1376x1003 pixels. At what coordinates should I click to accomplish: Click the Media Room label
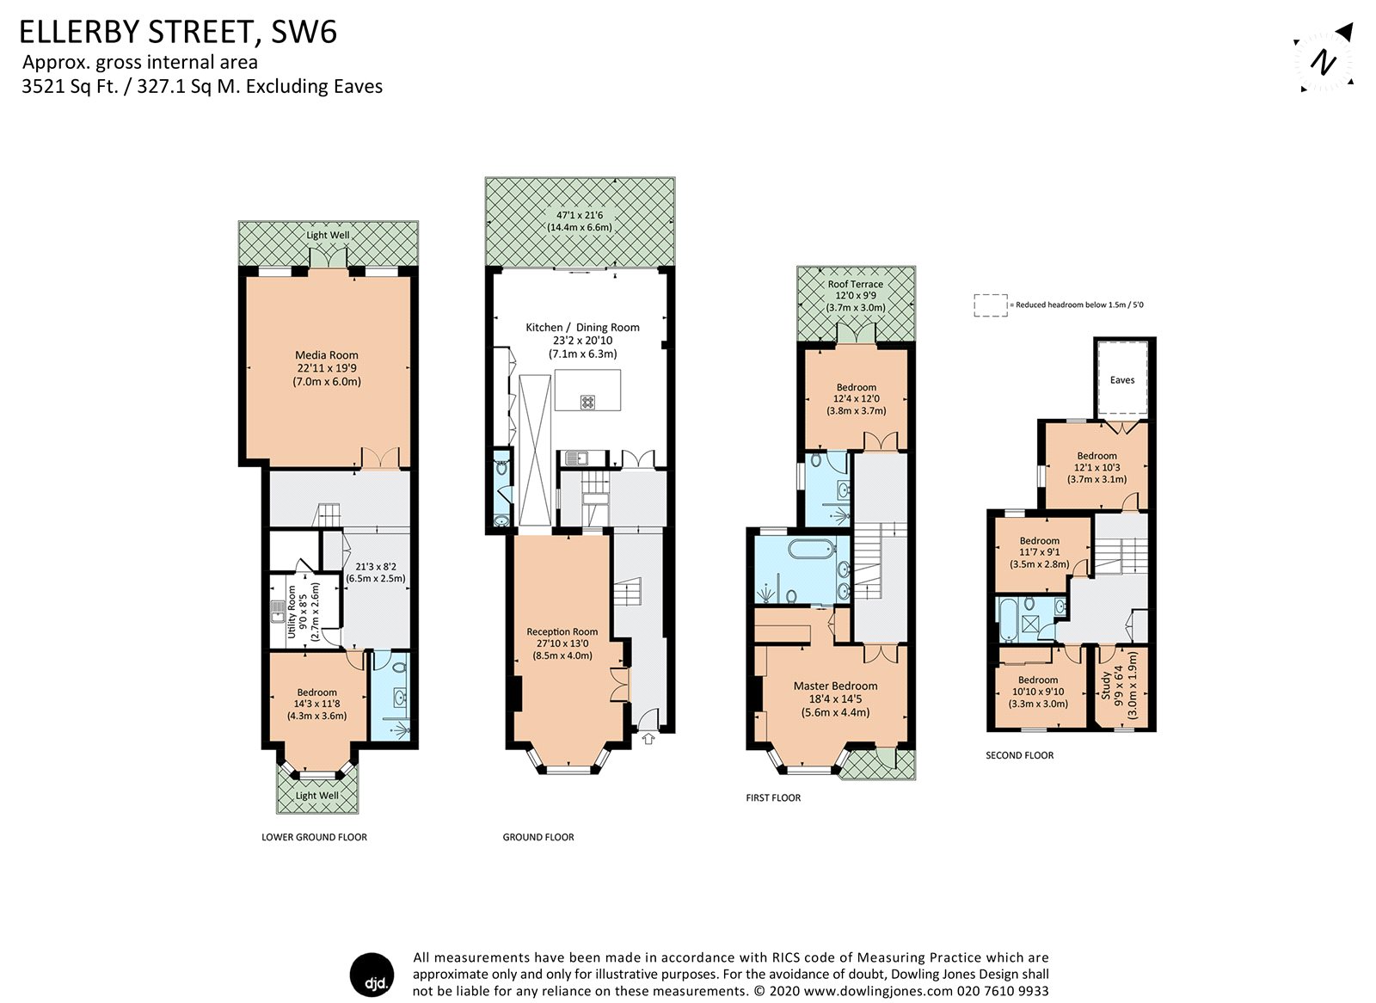tap(326, 355)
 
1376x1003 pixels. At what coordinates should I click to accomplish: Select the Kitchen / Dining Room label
tap(582, 328)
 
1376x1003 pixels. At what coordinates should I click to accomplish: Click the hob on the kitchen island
tap(588, 401)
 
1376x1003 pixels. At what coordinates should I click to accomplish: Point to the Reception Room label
tap(562, 632)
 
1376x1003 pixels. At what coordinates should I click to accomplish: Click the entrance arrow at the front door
tap(648, 737)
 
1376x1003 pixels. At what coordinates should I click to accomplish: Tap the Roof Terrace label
tap(855, 285)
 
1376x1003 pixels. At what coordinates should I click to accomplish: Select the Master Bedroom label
tap(835, 686)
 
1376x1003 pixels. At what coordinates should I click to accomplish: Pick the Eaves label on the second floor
tap(1121, 380)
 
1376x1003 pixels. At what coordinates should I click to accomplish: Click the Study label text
tap(1105, 685)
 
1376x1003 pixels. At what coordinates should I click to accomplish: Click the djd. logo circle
tap(372, 975)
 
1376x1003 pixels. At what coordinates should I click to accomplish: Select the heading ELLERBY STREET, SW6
tap(178, 33)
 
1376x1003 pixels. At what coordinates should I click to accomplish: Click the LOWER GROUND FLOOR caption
tap(314, 837)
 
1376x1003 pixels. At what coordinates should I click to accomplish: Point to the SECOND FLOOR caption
tap(1019, 755)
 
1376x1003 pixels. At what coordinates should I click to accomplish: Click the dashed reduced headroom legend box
tap(990, 305)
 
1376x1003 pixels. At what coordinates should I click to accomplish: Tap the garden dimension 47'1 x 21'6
tap(579, 215)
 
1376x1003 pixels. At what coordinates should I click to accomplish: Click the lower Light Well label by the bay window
tap(316, 796)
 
